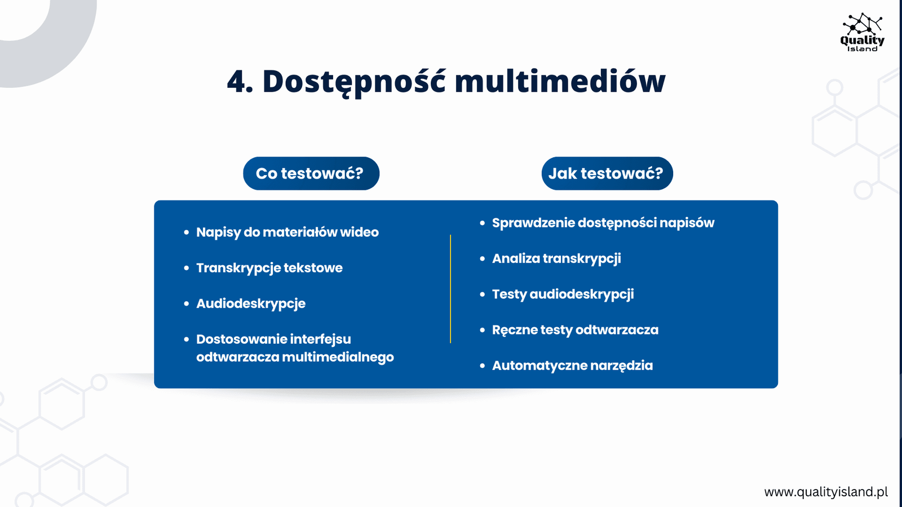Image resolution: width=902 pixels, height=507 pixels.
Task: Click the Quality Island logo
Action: (862, 32)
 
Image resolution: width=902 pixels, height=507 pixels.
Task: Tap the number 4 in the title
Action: (236, 82)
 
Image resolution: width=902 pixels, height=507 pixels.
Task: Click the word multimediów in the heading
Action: (560, 81)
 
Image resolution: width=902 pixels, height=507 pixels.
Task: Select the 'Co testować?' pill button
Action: (311, 174)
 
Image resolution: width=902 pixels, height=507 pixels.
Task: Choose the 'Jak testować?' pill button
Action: (607, 174)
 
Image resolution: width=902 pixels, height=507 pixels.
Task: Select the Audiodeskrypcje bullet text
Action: (251, 304)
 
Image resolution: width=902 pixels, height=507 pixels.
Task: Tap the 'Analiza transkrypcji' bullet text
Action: (556, 259)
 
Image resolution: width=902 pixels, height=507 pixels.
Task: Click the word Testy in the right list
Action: (509, 295)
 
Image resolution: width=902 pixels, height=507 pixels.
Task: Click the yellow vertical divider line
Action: (450, 289)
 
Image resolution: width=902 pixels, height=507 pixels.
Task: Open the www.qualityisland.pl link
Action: (826, 492)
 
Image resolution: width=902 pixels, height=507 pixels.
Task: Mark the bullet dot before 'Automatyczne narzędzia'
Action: (483, 366)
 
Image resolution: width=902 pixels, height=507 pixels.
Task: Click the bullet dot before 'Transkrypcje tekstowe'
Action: (187, 268)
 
